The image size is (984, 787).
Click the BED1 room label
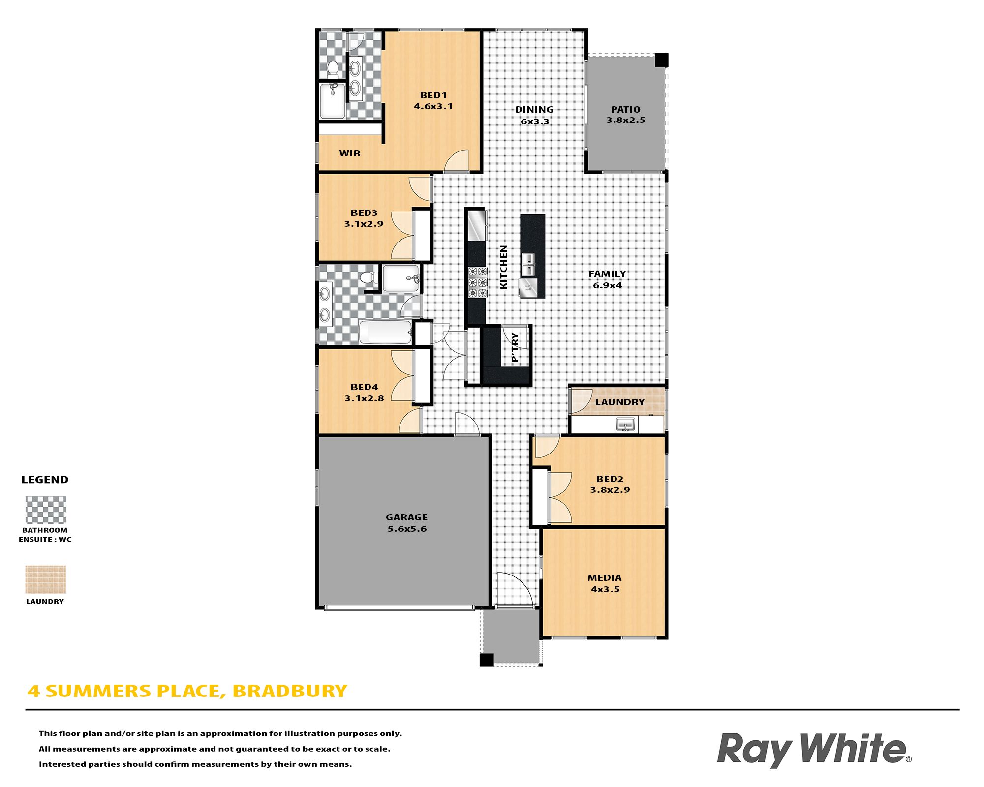(433, 95)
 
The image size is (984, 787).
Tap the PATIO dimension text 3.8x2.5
(625, 120)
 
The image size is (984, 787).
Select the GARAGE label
(406, 517)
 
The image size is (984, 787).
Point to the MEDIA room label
(604, 577)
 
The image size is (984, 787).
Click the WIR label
(350, 153)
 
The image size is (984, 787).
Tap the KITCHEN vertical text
(503, 267)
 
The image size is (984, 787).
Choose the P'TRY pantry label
(515, 347)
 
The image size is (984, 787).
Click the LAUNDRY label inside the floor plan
(619, 402)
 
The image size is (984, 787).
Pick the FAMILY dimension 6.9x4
(607, 285)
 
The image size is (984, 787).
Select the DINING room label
(534, 109)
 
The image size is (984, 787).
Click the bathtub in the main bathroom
(385, 332)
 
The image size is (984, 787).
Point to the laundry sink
(626, 424)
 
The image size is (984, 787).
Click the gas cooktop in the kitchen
(477, 282)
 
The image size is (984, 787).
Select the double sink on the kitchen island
(528, 265)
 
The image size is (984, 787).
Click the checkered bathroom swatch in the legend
(45, 510)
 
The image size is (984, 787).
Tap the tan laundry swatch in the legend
(45, 579)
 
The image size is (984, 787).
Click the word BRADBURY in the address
(289, 691)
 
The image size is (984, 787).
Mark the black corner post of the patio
(661, 60)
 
